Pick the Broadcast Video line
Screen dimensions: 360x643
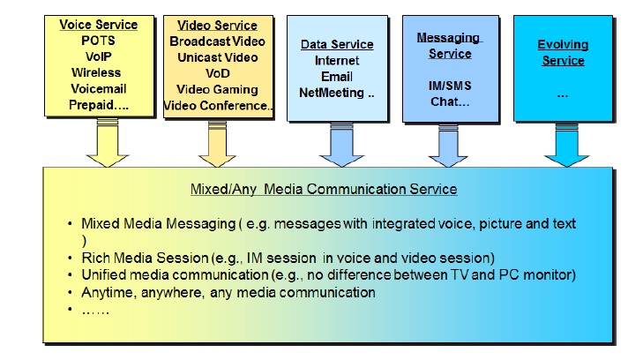[x=218, y=41]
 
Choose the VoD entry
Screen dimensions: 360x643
[x=218, y=73]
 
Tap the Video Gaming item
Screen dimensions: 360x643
[x=218, y=89]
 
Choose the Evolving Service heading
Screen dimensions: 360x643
[x=562, y=52]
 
